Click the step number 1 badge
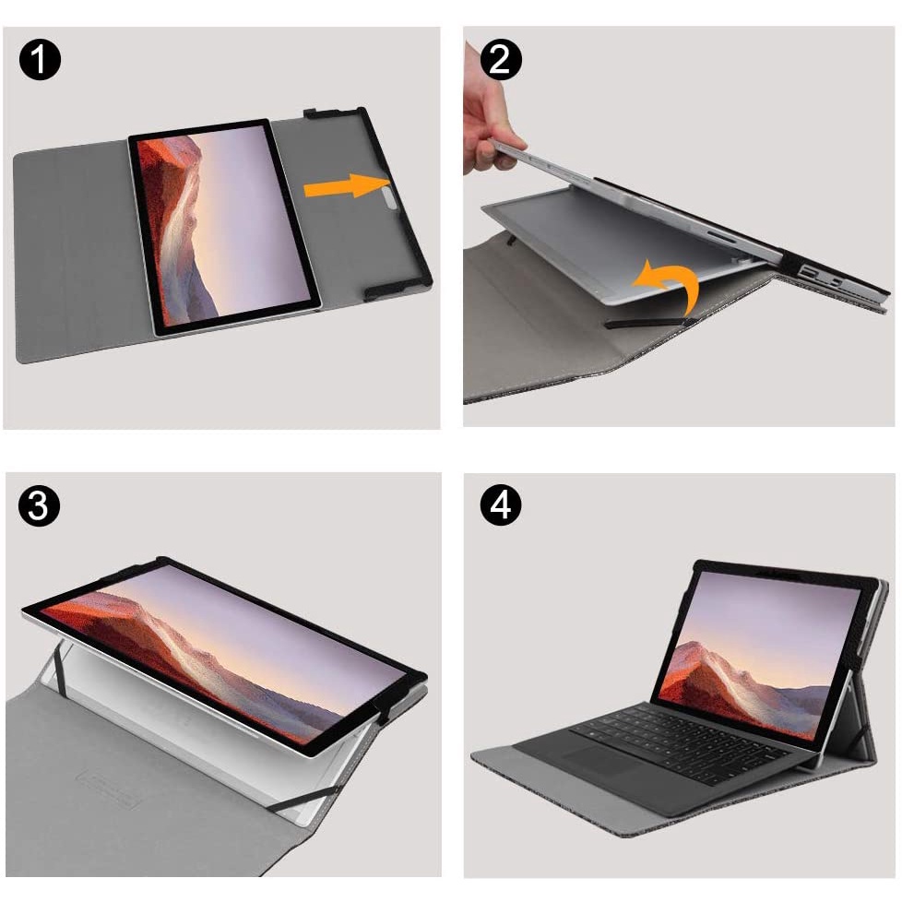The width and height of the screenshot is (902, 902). tap(40, 62)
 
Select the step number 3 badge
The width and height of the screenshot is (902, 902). tap(40, 507)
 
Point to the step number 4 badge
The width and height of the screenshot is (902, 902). tap(502, 506)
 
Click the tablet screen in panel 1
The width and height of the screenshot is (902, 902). tap(223, 226)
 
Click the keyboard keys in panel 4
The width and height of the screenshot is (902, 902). tap(682, 738)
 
